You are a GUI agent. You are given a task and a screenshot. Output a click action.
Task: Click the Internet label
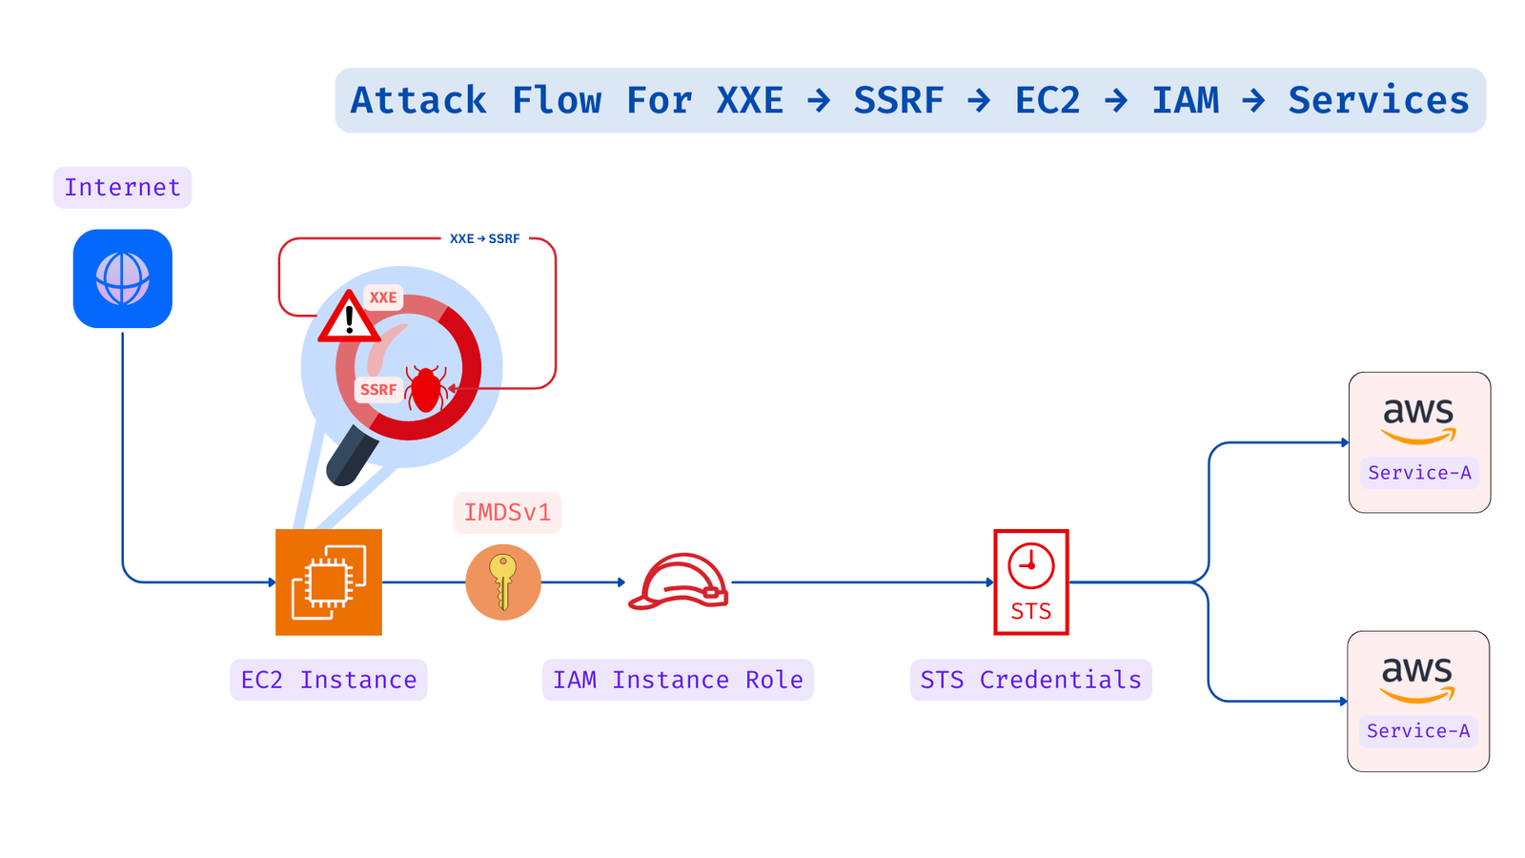pos(122,188)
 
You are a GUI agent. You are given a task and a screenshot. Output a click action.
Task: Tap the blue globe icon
pos(123,278)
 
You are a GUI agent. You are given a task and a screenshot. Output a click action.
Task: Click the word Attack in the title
pos(418,100)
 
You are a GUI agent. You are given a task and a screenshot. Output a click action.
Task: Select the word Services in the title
pos(1378,100)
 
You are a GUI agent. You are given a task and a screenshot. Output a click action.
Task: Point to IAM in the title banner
pos(1185,100)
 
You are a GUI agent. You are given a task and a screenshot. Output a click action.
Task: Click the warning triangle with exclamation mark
pos(349,317)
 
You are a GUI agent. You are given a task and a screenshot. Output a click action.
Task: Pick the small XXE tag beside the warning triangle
pos(383,297)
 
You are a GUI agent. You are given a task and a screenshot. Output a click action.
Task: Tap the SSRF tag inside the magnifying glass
pos(378,390)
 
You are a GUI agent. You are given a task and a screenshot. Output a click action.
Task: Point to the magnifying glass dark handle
pos(351,457)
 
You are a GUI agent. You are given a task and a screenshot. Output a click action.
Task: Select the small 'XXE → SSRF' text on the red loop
pos(484,238)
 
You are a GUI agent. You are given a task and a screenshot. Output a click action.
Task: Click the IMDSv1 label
pos(507,513)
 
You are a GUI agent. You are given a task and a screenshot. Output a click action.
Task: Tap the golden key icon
pos(503,582)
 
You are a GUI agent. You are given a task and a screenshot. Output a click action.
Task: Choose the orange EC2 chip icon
pos(329,582)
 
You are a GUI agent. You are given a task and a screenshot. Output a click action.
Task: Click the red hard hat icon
pos(680,581)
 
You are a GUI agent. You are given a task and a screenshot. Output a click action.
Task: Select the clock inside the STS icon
pos(1030,565)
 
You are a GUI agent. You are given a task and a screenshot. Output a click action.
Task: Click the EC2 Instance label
pos(329,680)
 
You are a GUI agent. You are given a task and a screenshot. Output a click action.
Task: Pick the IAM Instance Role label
pos(678,680)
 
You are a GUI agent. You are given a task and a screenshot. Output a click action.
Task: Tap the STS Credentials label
pos(1030,680)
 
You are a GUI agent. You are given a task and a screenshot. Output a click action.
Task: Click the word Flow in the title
pos(557,100)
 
